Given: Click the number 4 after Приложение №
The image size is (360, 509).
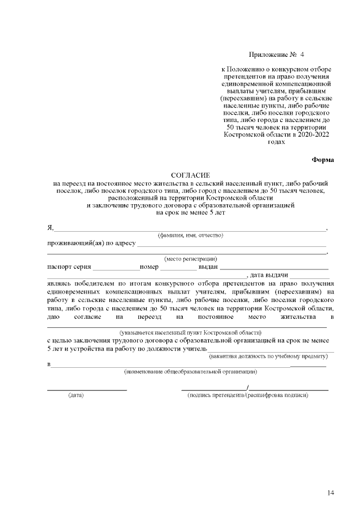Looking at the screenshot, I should pos(301,55).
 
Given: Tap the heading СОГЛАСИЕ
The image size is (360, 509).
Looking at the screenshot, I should pos(190,176).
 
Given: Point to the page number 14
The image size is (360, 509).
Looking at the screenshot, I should pos(331,493).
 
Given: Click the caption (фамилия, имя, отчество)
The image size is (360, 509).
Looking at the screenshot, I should pos(191,235).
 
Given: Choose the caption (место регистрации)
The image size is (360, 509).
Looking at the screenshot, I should pos(190,259).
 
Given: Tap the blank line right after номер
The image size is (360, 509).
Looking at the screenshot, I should pos(178,268).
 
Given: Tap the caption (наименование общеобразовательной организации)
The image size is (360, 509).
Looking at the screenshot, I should pos(190,372).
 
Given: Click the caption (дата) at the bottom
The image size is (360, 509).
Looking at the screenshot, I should pos(76,395).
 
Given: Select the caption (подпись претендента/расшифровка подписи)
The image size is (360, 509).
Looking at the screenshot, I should pos(248,395).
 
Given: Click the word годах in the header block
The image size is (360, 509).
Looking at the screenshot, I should pos(276,142).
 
